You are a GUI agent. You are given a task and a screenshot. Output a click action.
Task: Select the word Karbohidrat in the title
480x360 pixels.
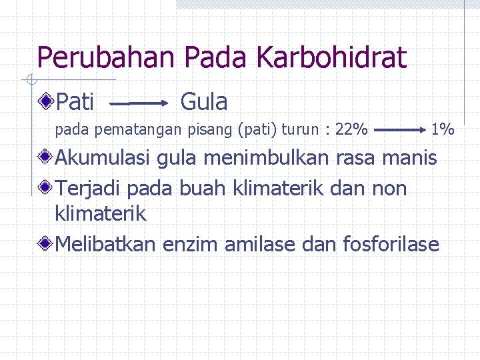(x=331, y=58)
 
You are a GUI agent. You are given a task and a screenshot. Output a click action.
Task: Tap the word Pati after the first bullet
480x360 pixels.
(x=75, y=102)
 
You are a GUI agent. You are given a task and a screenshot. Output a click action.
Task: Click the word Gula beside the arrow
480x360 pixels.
(x=204, y=102)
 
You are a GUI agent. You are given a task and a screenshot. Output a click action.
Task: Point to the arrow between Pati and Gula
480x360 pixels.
(x=140, y=104)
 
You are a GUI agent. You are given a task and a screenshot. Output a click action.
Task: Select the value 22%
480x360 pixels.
(x=351, y=129)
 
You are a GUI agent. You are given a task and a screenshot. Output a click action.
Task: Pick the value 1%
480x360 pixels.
(x=442, y=129)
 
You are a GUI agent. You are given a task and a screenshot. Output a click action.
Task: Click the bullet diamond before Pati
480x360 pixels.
(x=46, y=102)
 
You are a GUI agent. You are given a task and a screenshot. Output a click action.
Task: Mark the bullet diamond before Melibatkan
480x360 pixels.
(x=46, y=245)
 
